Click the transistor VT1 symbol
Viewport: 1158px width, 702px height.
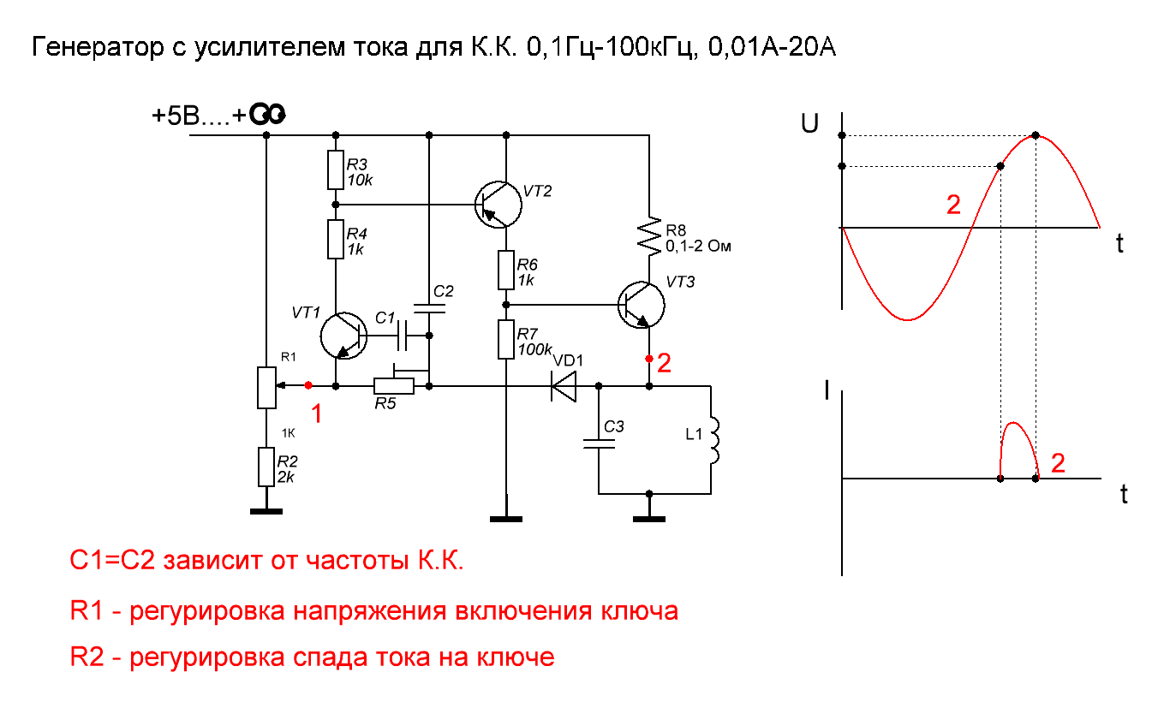[x=343, y=336]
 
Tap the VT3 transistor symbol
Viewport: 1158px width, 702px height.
[x=642, y=305]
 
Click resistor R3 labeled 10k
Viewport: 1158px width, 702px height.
[x=336, y=170]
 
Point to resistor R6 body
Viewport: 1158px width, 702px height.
[x=506, y=271]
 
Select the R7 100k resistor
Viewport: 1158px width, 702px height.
[x=506, y=340]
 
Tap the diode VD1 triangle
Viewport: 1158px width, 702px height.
[x=564, y=387]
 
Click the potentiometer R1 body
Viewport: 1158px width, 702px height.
[x=266, y=387]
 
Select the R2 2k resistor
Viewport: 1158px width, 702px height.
[x=266, y=468]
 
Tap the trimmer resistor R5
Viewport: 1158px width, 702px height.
[x=394, y=386]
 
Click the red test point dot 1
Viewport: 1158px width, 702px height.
[x=308, y=386]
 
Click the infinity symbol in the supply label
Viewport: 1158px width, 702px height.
[x=273, y=116]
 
